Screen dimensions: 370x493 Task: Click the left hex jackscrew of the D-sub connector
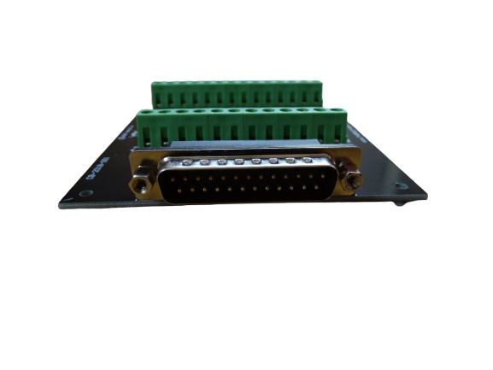(x=138, y=183)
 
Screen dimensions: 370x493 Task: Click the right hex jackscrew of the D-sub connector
(x=347, y=183)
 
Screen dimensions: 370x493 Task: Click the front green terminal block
(x=243, y=126)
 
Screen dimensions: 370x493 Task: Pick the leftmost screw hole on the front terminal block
(x=147, y=112)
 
